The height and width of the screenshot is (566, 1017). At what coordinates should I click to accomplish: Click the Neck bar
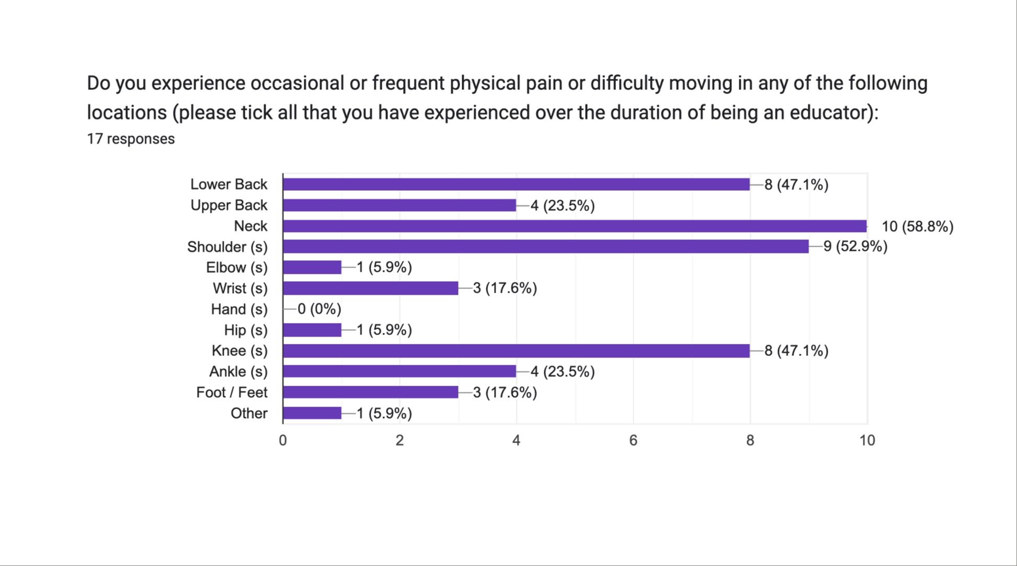point(575,226)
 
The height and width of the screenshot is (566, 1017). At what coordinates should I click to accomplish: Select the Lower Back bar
point(516,184)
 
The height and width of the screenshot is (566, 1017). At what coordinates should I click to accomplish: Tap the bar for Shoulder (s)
point(545,246)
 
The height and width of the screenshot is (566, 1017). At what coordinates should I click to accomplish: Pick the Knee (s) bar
point(516,350)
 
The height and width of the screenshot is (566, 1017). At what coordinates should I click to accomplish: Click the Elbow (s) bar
point(312,267)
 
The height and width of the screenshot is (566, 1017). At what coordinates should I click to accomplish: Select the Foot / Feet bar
point(370,392)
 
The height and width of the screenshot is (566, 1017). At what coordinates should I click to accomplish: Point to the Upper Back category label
point(228,205)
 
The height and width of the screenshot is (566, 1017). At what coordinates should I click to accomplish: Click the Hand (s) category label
point(239,309)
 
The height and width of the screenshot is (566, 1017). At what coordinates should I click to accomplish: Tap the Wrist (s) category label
point(240,288)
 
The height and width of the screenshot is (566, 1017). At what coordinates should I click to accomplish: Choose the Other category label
point(249,413)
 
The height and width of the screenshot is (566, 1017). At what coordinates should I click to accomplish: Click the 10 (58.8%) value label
point(917,226)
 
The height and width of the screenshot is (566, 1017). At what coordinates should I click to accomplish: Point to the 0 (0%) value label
point(319,309)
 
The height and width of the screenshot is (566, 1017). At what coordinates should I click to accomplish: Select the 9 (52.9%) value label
point(855,246)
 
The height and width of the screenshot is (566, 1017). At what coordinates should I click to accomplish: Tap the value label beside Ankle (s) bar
point(563,372)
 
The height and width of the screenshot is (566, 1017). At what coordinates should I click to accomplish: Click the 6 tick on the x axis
point(633,441)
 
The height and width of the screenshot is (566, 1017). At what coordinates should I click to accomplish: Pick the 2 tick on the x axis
point(399,441)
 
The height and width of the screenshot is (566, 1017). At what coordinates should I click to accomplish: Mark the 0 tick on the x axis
point(283,441)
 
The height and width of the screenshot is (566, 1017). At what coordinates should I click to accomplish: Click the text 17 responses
point(131,138)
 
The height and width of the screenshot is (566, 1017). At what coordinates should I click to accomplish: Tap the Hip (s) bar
point(312,330)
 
